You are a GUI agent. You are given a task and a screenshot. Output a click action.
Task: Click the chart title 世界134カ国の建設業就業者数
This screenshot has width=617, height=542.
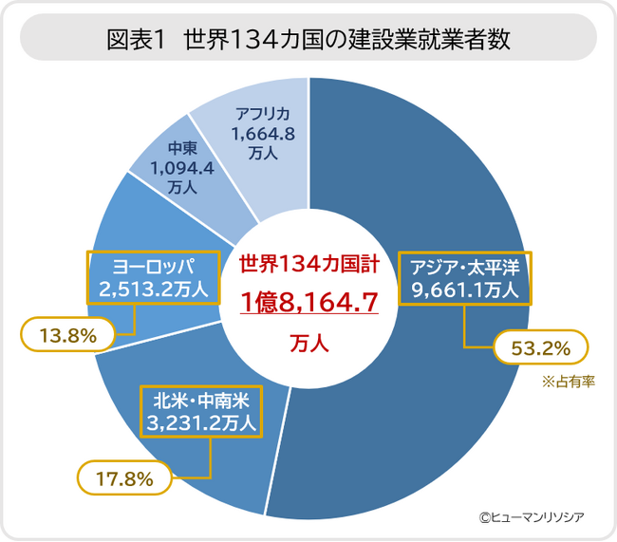pos(346,39)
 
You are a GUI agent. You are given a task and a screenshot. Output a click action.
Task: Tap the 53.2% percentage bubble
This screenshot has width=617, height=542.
pos(541,347)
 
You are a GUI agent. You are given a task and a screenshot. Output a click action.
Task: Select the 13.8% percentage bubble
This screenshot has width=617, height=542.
pos(67,335)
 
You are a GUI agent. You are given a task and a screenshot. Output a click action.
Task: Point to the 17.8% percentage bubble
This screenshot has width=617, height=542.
pos(124,478)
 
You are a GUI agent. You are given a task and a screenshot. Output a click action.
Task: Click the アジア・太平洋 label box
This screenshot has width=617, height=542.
pos(465,278)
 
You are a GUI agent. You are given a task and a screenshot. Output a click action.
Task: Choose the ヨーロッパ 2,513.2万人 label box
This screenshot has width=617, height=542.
pos(153,277)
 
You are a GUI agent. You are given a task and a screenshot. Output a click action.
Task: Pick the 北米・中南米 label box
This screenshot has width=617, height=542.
pos(201,411)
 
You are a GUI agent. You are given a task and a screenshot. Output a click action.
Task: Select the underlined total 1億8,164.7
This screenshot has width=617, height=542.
pos(309,302)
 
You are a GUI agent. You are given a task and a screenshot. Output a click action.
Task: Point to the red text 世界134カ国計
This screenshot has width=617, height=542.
pos(309,264)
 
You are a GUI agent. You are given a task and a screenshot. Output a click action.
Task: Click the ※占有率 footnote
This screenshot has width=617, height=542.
pos(569,382)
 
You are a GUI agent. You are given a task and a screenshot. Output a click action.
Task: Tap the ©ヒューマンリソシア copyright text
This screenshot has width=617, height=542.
pos(532,517)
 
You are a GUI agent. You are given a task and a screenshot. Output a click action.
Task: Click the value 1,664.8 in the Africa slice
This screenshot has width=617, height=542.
pos(263,134)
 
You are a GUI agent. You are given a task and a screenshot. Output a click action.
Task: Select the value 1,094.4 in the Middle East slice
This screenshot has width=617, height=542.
pos(182,168)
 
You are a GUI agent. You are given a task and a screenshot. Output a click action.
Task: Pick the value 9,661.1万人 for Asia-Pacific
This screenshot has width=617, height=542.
pos(465,290)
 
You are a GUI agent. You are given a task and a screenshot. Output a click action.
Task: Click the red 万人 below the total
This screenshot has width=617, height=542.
pos(309,343)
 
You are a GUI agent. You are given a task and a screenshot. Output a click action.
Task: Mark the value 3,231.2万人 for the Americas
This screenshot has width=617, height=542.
pos(201,423)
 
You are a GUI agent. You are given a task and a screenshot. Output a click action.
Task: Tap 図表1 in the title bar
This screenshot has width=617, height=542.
pos(136,39)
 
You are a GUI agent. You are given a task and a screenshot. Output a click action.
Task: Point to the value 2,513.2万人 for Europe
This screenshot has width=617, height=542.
pos(153,290)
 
